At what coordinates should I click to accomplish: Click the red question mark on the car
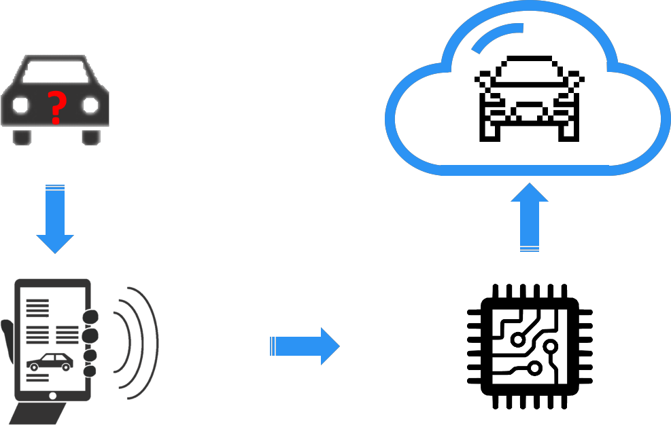pyautogui.click(x=57, y=107)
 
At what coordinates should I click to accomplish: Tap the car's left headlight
pyautogui.click(x=21, y=105)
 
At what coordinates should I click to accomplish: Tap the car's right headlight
pyautogui.click(x=90, y=105)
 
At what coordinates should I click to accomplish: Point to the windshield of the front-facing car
pyautogui.click(x=56, y=71)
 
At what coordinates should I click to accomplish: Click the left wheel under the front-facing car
pyautogui.click(x=22, y=136)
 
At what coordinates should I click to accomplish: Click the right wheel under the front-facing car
pyautogui.click(x=91, y=136)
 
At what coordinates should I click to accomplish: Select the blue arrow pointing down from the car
pyautogui.click(x=55, y=221)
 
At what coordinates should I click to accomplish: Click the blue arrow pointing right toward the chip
pyautogui.click(x=307, y=346)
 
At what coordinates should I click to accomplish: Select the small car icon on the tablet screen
pyautogui.click(x=50, y=363)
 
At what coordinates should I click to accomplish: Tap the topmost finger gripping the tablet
pyautogui.click(x=90, y=317)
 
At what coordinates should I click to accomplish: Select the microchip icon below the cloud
pyautogui.click(x=530, y=346)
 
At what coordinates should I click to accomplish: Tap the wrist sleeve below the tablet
pyautogui.click(x=41, y=413)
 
